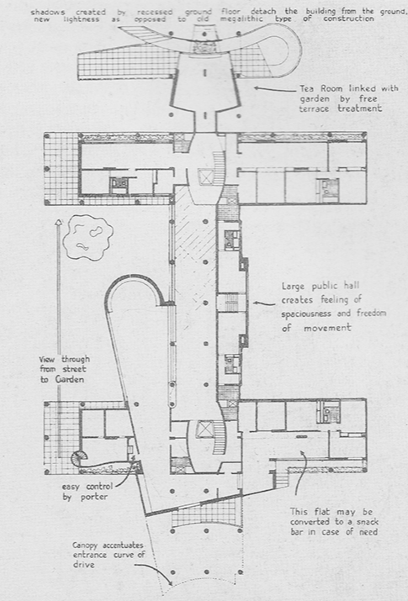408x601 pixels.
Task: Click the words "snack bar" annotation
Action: click(x=334, y=527)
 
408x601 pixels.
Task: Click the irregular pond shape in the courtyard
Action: click(x=88, y=238)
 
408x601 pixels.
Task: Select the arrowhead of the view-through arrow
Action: click(x=58, y=222)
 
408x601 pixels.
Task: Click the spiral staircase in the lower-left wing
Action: click(x=80, y=457)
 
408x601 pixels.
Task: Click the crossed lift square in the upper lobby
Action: click(x=204, y=177)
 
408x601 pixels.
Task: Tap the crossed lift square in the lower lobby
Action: click(x=204, y=429)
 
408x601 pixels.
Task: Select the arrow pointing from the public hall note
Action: click(x=264, y=303)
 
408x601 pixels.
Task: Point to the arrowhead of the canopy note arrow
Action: click(x=169, y=583)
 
